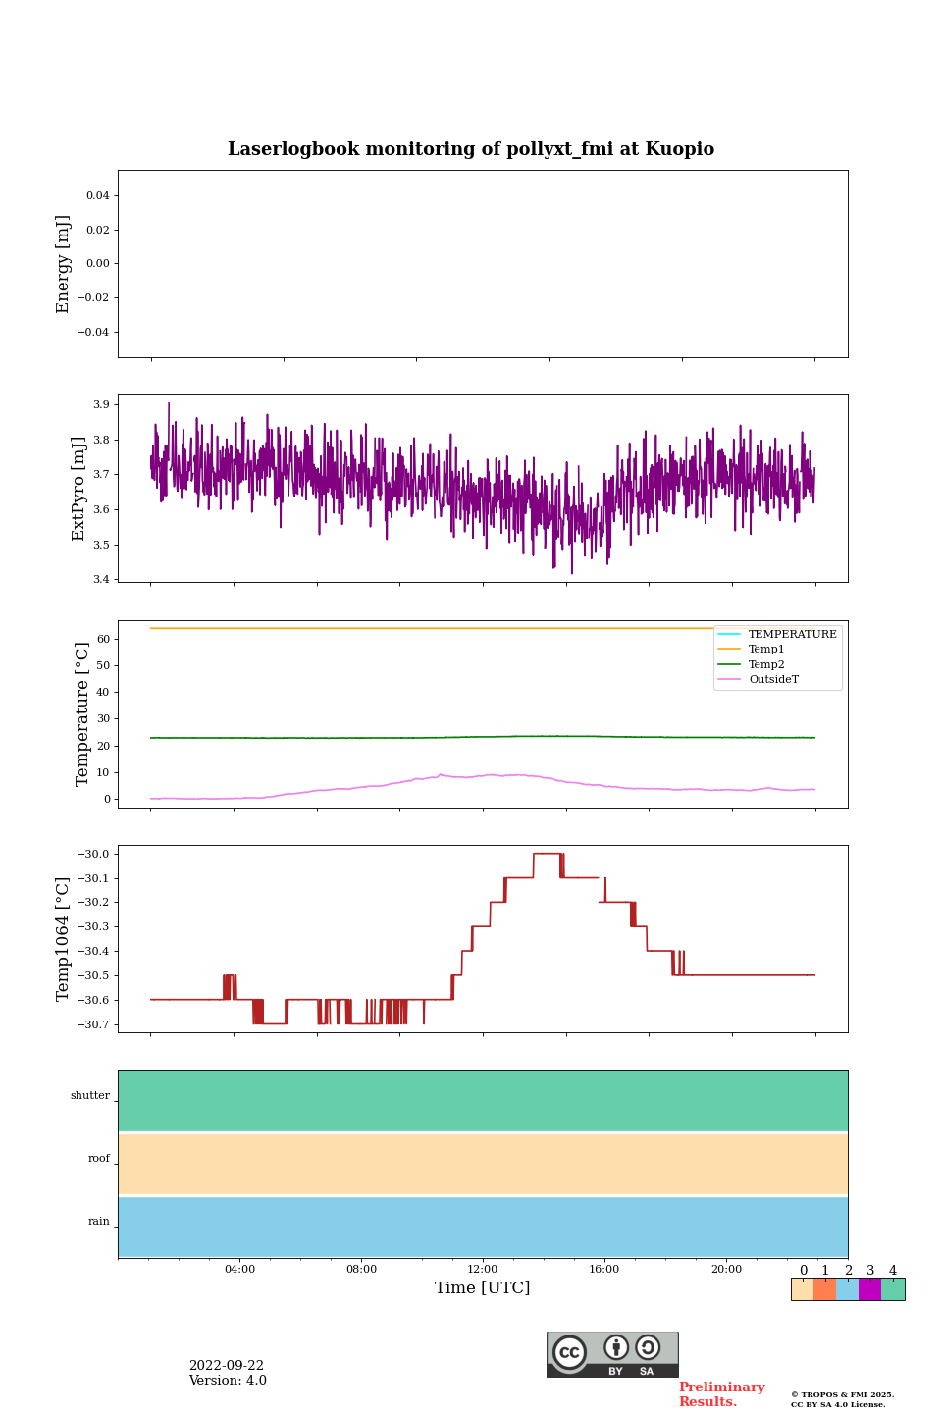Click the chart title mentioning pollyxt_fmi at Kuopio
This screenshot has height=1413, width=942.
pyautogui.click(x=471, y=149)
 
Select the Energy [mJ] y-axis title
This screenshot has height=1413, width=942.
pyautogui.click(x=64, y=264)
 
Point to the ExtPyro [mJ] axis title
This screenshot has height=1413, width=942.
pyautogui.click(x=78, y=489)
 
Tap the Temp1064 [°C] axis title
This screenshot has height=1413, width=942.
pyautogui.click(x=64, y=939)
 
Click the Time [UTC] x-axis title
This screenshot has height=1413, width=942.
pyautogui.click(x=482, y=1287)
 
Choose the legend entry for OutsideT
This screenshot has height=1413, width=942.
pyautogui.click(x=773, y=679)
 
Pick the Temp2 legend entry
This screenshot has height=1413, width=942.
pyautogui.click(x=766, y=664)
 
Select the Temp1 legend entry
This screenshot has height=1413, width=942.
pyautogui.click(x=766, y=649)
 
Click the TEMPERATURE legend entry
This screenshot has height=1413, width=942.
pyautogui.click(x=792, y=634)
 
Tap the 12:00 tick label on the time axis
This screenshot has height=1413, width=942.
pyautogui.click(x=483, y=1269)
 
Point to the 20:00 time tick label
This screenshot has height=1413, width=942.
pyautogui.click(x=726, y=1269)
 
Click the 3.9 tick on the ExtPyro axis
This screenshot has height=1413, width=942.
pyautogui.click(x=100, y=404)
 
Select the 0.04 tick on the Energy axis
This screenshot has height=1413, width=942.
pyautogui.click(x=97, y=195)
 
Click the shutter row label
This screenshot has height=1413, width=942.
pyautogui.click(x=90, y=1095)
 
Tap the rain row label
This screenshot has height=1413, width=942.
pyautogui.click(x=99, y=1221)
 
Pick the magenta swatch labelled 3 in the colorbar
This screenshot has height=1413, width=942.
pyautogui.click(x=869, y=1289)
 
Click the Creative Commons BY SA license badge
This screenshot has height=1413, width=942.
pyautogui.click(x=612, y=1354)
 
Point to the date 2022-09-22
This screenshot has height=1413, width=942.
pyautogui.click(x=227, y=1365)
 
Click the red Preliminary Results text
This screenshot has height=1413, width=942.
pyautogui.click(x=721, y=1394)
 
